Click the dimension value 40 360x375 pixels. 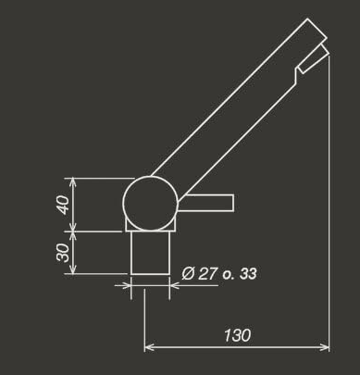(x=63, y=205)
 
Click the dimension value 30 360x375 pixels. (x=63, y=252)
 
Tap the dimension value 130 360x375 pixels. (x=237, y=335)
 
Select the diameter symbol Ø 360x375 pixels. (x=188, y=273)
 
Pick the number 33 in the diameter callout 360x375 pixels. (x=247, y=273)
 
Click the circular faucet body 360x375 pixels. (x=151, y=203)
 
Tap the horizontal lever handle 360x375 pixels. (x=207, y=203)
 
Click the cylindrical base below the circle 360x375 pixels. (x=150, y=253)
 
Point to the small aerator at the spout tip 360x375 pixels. (x=314, y=58)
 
